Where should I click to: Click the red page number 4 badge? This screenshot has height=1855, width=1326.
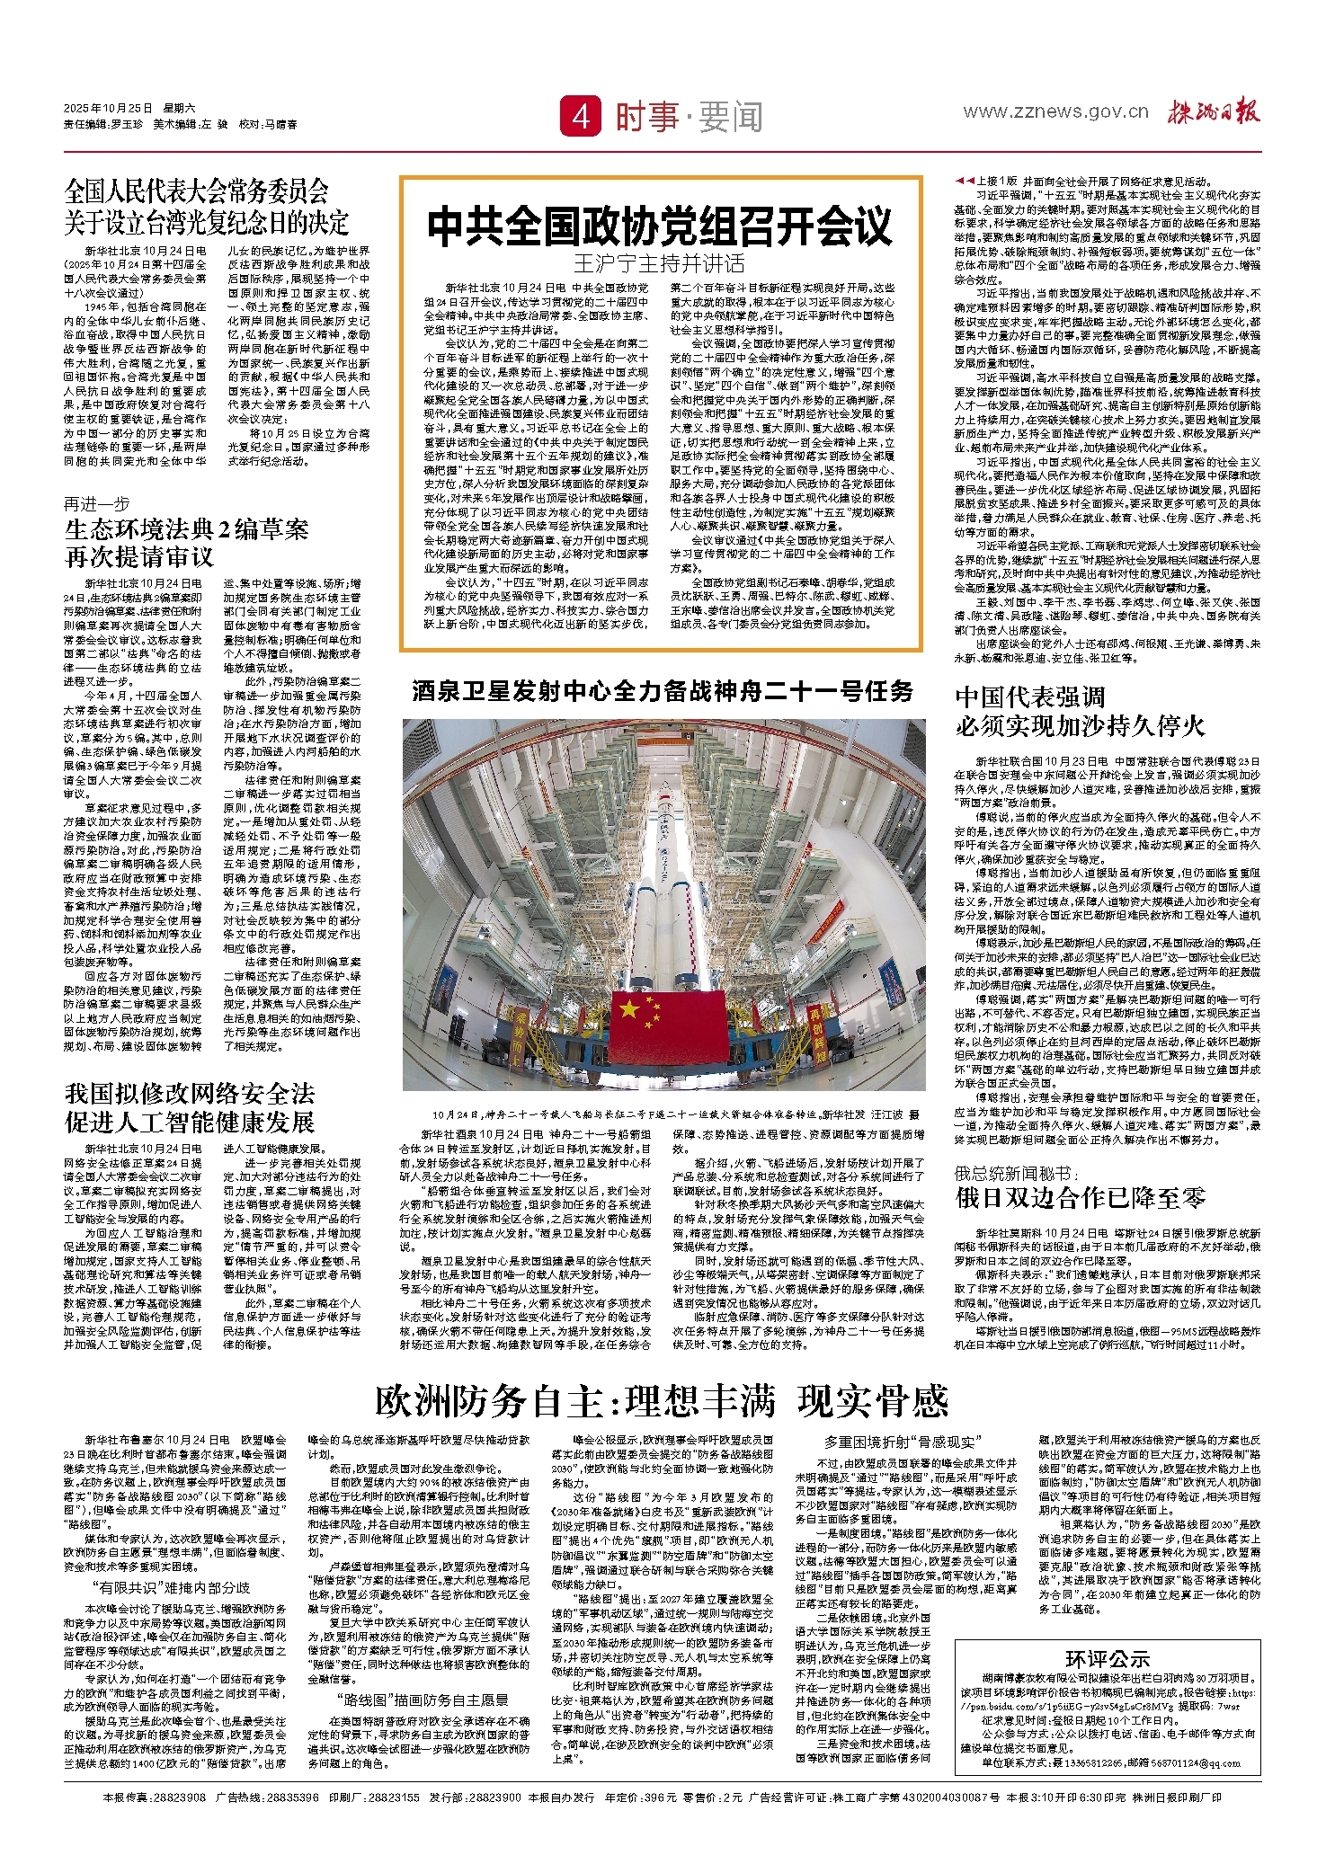580,117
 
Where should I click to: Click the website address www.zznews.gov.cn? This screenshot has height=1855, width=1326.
1055,111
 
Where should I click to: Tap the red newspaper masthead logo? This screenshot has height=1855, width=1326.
1214,111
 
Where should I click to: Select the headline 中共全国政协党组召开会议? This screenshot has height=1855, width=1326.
660,226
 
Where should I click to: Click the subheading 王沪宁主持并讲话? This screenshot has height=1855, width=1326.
660,263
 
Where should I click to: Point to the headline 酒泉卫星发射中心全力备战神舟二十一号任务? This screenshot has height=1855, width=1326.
663,691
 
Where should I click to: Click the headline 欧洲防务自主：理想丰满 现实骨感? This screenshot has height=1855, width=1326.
662,1400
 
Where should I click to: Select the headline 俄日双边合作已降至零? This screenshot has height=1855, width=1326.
1080,1198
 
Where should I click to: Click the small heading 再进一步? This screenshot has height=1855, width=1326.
97,503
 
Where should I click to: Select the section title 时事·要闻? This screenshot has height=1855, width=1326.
689,117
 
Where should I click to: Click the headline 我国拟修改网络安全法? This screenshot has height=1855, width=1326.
190,1094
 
